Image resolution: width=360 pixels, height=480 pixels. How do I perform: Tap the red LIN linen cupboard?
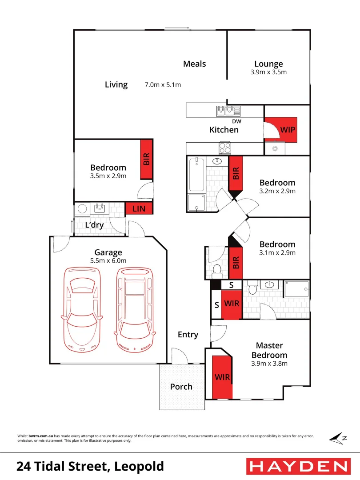[x=139, y=208]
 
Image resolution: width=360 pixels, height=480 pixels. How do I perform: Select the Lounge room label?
[x=268, y=64]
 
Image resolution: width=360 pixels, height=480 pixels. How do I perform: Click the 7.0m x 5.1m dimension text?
[x=163, y=84]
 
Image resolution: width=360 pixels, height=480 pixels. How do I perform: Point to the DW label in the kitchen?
[x=236, y=121]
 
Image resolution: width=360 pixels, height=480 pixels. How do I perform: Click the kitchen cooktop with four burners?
[x=224, y=148]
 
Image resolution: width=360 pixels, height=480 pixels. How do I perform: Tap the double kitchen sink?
[x=228, y=111]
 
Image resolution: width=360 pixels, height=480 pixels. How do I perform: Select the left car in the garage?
[x=81, y=309]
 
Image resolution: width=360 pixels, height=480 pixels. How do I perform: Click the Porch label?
[x=181, y=387]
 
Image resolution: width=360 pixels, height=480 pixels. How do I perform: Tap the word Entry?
[x=188, y=335]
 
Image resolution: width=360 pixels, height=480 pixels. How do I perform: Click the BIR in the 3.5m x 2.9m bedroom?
[x=147, y=160]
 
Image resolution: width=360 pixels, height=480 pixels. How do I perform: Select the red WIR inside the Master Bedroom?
[x=222, y=377]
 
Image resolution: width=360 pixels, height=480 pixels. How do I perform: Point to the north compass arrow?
[x=338, y=438]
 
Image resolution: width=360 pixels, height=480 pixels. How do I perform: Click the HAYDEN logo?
[x=297, y=466]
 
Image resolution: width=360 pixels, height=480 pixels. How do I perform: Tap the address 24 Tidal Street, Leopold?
[x=90, y=467]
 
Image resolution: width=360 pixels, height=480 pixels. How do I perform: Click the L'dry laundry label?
[x=94, y=225]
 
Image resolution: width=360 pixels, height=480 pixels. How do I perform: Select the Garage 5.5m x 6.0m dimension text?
[x=108, y=261]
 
